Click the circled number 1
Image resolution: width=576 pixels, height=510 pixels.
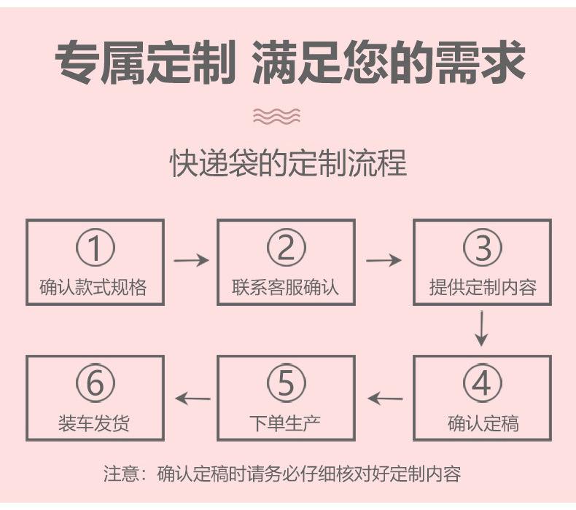(96, 248)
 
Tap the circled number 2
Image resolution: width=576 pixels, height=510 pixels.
(286, 248)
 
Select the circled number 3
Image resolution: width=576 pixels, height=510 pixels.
(483, 248)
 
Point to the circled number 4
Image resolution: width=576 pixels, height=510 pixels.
(483, 384)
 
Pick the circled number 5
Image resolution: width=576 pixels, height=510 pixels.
(286, 384)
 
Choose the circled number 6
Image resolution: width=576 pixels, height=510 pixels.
(96, 384)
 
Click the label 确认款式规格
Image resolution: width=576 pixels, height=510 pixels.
(93, 287)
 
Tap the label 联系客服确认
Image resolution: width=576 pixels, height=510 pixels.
(286, 287)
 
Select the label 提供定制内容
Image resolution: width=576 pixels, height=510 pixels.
(483, 287)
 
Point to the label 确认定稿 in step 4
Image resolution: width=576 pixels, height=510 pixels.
(483, 423)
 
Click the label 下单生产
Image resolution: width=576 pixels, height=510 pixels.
(286, 423)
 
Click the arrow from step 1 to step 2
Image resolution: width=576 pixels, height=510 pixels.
(191, 259)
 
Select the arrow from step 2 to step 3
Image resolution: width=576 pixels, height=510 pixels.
(384, 259)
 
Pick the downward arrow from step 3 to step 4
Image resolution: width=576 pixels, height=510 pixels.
(481, 329)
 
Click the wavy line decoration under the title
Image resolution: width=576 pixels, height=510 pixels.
(276, 115)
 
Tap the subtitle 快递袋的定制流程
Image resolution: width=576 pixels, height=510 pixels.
(288, 163)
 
